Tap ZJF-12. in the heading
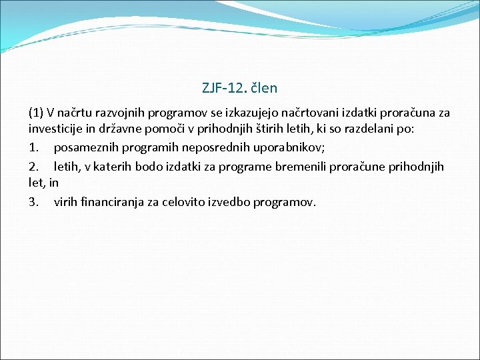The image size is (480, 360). pos(224,87)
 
